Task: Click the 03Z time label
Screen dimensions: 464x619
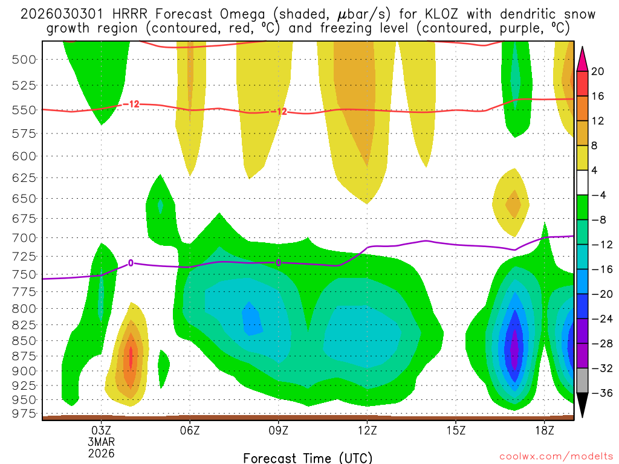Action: pyautogui.click(x=101, y=430)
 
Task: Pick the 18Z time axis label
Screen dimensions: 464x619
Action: pyautogui.click(x=545, y=430)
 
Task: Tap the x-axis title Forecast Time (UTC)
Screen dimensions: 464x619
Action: pyautogui.click(x=308, y=457)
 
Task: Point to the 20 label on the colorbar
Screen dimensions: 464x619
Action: pyautogui.click(x=598, y=71)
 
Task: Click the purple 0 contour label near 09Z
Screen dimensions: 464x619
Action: pyautogui.click(x=279, y=262)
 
